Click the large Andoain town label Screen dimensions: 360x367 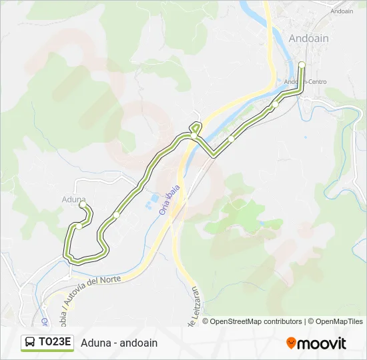[x=308, y=39]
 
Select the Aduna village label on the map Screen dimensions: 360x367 [x=73, y=199]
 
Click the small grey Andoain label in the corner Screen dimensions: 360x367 [x=341, y=11]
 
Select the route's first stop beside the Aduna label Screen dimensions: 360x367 [x=83, y=205]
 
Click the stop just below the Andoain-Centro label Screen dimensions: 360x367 [x=274, y=105]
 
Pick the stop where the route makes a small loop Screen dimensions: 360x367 [x=194, y=135]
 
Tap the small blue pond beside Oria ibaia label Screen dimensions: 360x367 [x=154, y=199]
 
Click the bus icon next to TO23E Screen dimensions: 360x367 [x=30, y=343]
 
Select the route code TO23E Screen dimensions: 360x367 [x=55, y=343]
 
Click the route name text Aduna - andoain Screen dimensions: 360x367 [x=119, y=343]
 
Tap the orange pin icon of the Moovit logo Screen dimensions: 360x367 [x=291, y=343]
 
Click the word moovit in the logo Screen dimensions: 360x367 [x=322, y=343]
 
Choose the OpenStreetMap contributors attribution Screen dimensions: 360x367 [x=256, y=321]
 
